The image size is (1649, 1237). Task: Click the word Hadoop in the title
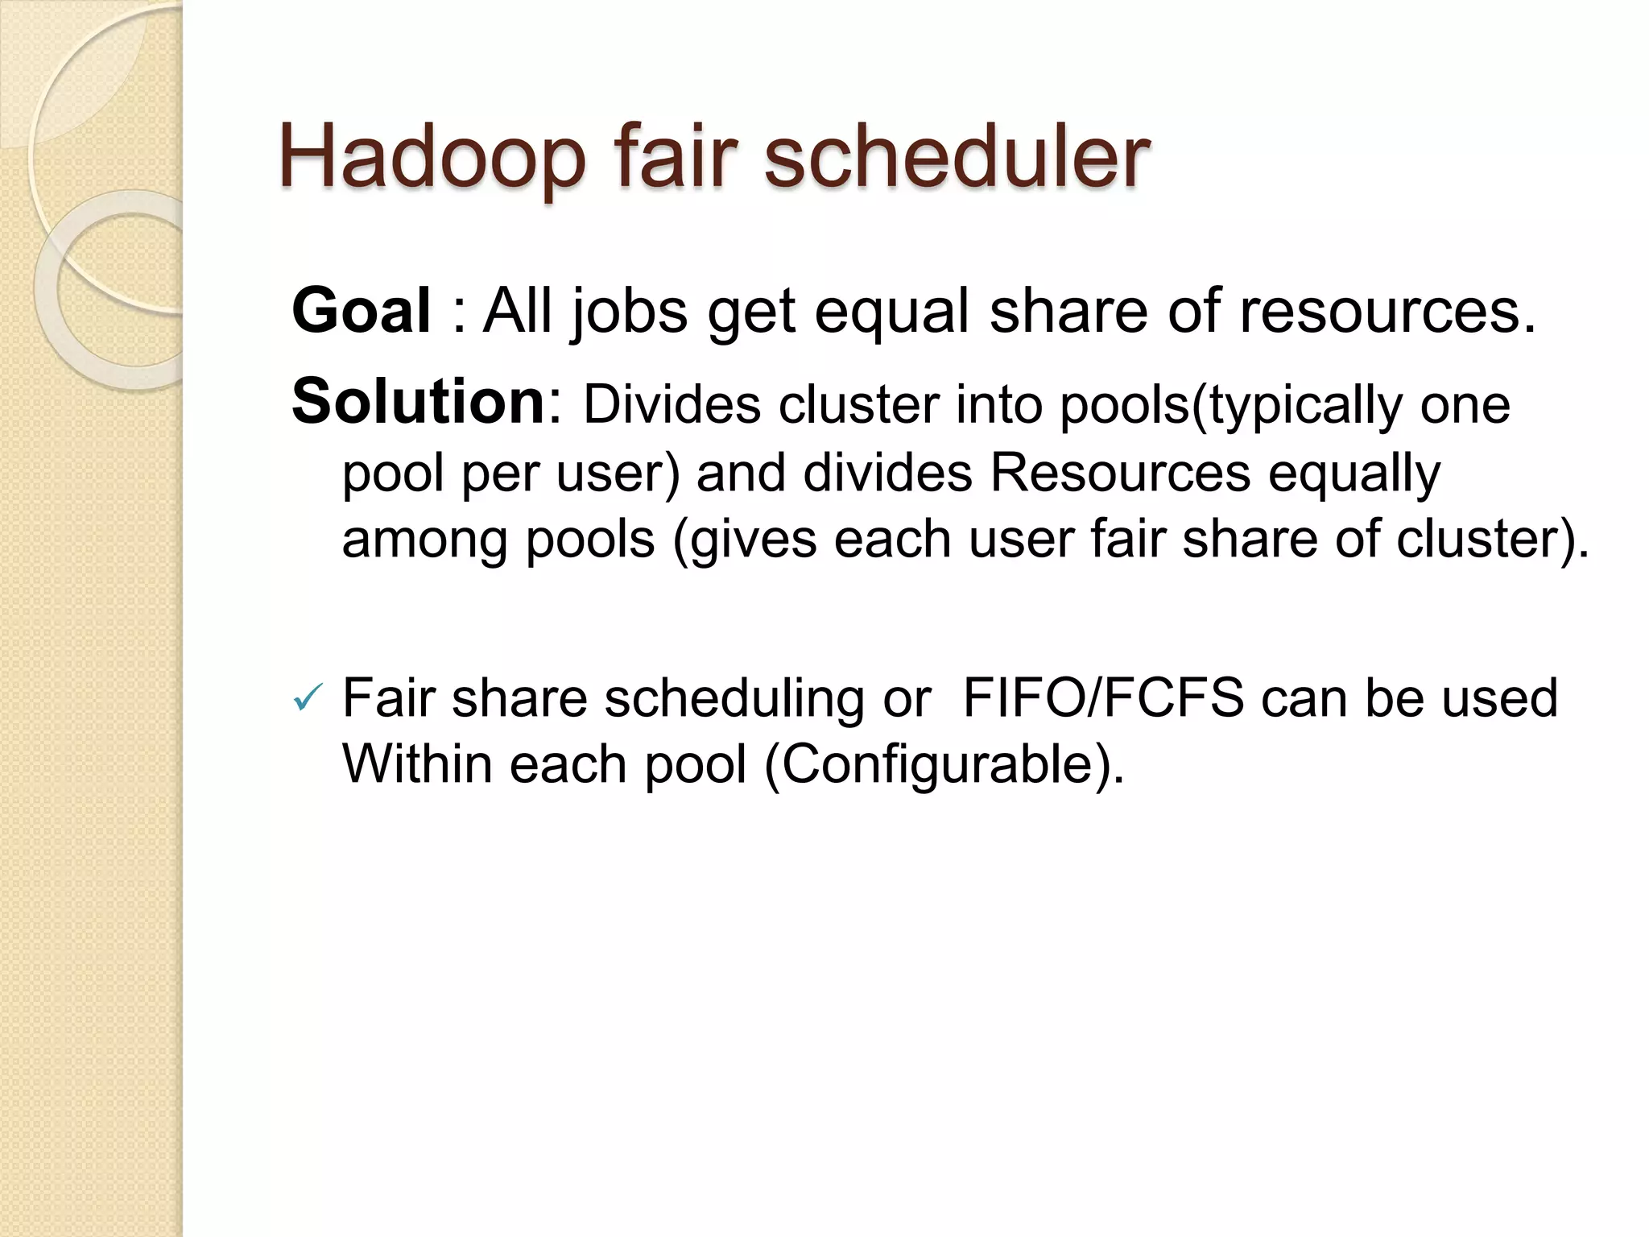coord(432,157)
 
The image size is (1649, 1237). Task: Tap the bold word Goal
coord(362,311)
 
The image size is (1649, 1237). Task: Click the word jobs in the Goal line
coord(629,312)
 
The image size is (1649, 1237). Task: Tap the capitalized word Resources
coord(1120,473)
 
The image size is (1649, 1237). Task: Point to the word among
coord(425,540)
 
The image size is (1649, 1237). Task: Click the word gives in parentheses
coord(754,540)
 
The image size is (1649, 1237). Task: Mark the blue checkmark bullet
coord(308,697)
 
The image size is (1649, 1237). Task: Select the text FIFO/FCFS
coord(1103,697)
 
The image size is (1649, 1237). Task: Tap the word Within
coord(417,763)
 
